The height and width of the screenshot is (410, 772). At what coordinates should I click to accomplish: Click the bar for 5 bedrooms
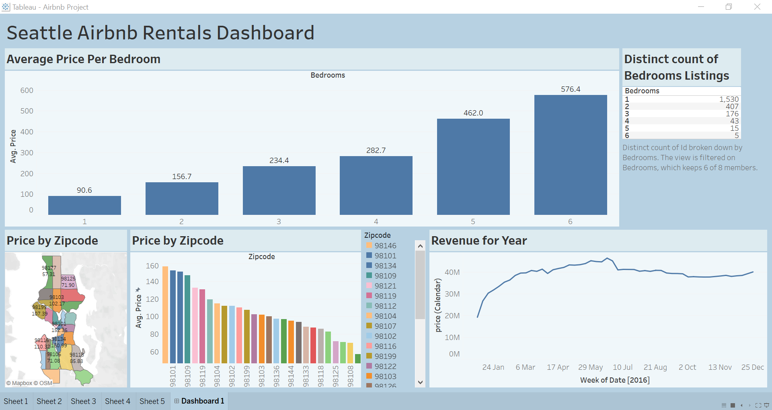pyautogui.click(x=473, y=167)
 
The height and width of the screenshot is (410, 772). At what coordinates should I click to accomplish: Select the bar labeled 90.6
pyautogui.click(x=84, y=205)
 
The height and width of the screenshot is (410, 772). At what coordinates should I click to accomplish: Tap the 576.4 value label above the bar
pyautogui.click(x=571, y=89)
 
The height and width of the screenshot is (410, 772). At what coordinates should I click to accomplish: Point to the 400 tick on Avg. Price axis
pyautogui.click(x=27, y=132)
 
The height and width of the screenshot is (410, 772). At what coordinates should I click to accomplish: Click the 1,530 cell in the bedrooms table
pyautogui.click(x=729, y=99)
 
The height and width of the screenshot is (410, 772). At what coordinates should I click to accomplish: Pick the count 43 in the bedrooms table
pyautogui.click(x=734, y=121)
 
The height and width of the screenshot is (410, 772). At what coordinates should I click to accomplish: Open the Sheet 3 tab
pyautogui.click(x=83, y=401)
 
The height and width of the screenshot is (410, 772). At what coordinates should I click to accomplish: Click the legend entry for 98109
pyautogui.click(x=385, y=276)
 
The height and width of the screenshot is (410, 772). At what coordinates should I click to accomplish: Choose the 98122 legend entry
pyautogui.click(x=385, y=367)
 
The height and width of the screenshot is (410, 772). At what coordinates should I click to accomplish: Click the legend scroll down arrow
pyautogui.click(x=420, y=382)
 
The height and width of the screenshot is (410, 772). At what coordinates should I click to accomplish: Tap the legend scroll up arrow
pyautogui.click(x=420, y=246)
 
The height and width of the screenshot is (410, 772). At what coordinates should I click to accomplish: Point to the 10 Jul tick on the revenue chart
pyautogui.click(x=622, y=367)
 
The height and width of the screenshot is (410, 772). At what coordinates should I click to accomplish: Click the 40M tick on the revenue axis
pyautogui.click(x=452, y=272)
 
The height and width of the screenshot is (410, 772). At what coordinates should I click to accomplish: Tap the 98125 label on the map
pyautogui.click(x=68, y=278)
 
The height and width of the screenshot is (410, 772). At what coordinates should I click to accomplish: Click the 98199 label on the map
pyautogui.click(x=39, y=307)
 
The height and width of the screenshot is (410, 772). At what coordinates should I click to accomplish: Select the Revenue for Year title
pyautogui.click(x=479, y=241)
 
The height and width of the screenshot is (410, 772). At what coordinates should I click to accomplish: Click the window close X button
pyautogui.click(x=757, y=7)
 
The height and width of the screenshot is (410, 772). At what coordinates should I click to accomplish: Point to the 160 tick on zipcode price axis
pyautogui.click(x=152, y=266)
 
